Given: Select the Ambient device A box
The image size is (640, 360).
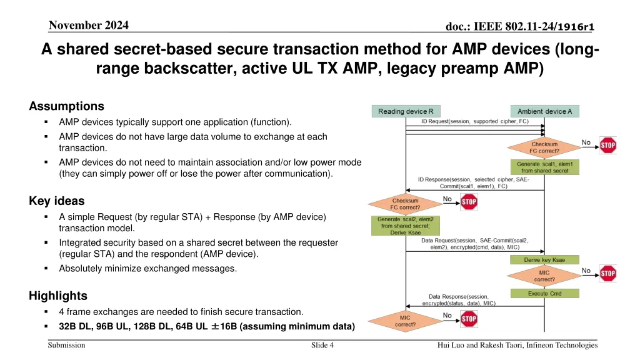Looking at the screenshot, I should (x=544, y=111).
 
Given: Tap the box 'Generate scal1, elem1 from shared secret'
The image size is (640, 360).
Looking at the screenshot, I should (x=544, y=167).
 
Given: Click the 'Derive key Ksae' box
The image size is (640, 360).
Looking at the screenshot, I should (x=544, y=259).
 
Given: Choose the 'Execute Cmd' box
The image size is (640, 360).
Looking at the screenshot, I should (x=544, y=293).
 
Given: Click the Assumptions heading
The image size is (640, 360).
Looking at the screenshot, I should (x=66, y=106).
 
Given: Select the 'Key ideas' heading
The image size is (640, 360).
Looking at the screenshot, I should (x=56, y=201).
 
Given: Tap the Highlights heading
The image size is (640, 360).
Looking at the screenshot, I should (x=58, y=296).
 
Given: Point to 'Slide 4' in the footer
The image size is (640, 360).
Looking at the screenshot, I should (x=322, y=345).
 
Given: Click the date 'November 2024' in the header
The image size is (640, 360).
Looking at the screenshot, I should (x=88, y=26).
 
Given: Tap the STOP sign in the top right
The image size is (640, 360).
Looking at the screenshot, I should (x=607, y=145).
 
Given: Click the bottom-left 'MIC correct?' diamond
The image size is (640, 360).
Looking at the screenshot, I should (x=405, y=321).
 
